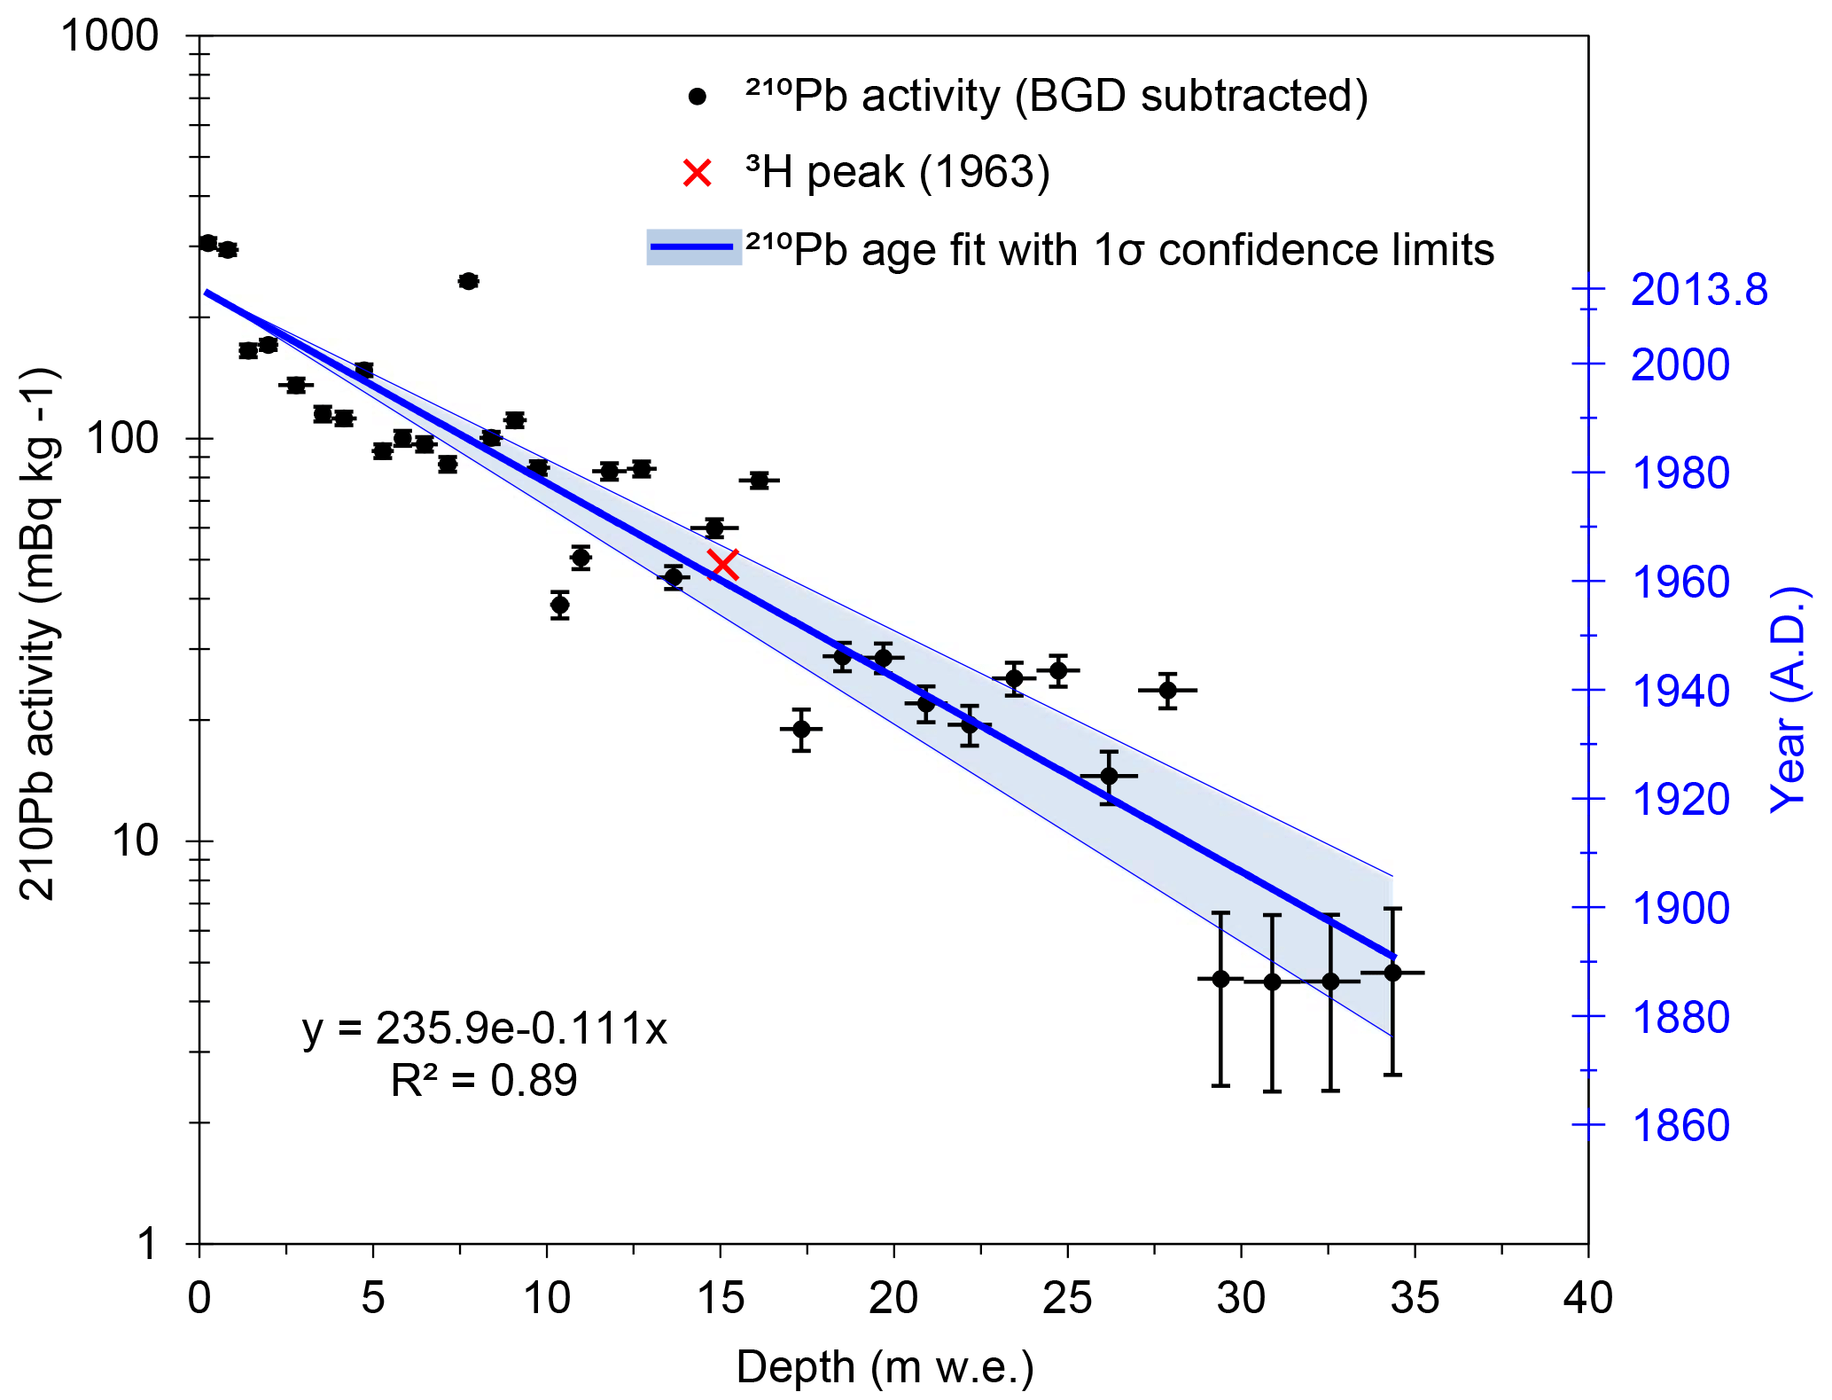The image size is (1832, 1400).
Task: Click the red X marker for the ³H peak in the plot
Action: (723, 564)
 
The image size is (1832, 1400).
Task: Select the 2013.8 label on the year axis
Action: (1698, 290)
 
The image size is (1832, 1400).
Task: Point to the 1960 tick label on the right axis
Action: (1680, 583)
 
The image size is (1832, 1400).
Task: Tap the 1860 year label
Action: (1680, 1126)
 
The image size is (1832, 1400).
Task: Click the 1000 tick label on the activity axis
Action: (109, 36)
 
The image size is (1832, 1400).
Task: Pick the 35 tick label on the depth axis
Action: (1415, 1299)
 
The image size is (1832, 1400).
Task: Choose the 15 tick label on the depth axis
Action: (720, 1299)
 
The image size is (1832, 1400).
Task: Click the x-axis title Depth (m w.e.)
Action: (885, 1366)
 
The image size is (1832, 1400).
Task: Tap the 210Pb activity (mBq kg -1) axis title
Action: (39, 634)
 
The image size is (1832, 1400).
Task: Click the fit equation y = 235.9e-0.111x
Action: (484, 1028)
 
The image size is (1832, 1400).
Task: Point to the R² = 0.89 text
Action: (484, 1080)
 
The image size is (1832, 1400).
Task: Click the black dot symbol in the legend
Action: (698, 97)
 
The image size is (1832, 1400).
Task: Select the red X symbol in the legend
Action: (698, 173)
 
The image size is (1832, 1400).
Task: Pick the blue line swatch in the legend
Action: (693, 247)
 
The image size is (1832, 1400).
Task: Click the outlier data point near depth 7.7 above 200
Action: (469, 281)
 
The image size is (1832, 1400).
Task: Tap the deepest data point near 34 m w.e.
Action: (1392, 973)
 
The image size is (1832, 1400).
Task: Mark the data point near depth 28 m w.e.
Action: (1167, 690)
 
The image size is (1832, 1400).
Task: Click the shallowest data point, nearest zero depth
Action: (208, 243)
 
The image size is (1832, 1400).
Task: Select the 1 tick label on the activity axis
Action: (147, 1244)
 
